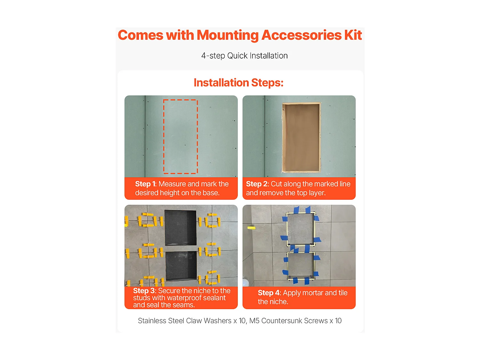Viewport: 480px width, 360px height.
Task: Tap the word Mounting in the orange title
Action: coord(228,36)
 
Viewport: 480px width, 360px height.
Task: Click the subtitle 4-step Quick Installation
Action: coord(244,56)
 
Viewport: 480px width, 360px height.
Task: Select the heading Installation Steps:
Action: coord(239,83)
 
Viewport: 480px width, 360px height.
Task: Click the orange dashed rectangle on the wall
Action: coord(164,137)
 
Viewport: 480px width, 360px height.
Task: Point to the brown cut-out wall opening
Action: coord(301,138)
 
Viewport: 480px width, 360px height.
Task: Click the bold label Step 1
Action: coord(145,184)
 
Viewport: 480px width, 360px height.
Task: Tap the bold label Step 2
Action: coord(257,184)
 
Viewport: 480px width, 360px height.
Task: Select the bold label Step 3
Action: coord(144,291)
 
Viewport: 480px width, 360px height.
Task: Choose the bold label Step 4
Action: coord(269,293)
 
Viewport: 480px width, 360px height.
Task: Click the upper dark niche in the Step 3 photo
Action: coord(180,228)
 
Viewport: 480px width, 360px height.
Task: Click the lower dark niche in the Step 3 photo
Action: coord(181,266)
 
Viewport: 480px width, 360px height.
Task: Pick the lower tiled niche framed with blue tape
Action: coord(301,266)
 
